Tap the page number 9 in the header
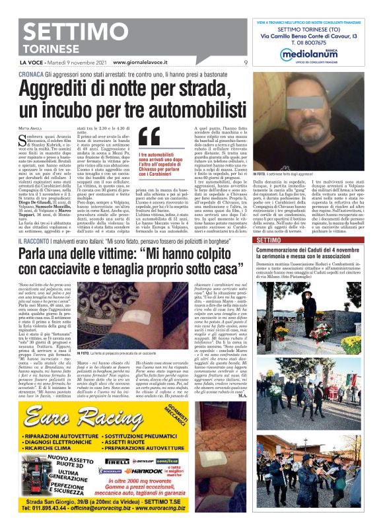(246, 63)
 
